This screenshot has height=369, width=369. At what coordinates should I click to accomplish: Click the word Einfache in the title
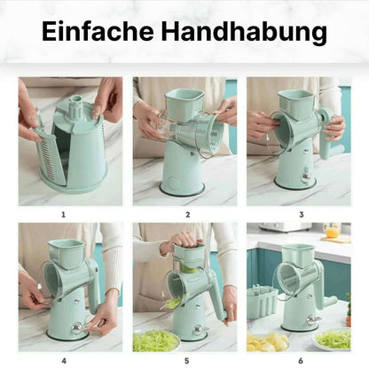click(98, 31)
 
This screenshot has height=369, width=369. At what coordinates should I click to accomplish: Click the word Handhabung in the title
click(244, 33)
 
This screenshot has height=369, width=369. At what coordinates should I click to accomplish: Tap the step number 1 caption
click(63, 215)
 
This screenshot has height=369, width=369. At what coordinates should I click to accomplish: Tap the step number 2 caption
click(188, 215)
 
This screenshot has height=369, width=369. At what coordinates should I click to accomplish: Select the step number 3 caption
click(302, 215)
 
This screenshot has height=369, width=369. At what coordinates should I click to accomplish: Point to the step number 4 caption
click(64, 361)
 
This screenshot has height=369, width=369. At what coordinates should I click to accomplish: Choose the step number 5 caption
click(186, 361)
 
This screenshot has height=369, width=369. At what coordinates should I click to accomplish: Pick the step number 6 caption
click(301, 361)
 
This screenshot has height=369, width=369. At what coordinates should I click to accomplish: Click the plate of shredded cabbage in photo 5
click(155, 341)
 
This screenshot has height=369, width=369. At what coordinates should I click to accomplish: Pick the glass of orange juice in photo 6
click(333, 231)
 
